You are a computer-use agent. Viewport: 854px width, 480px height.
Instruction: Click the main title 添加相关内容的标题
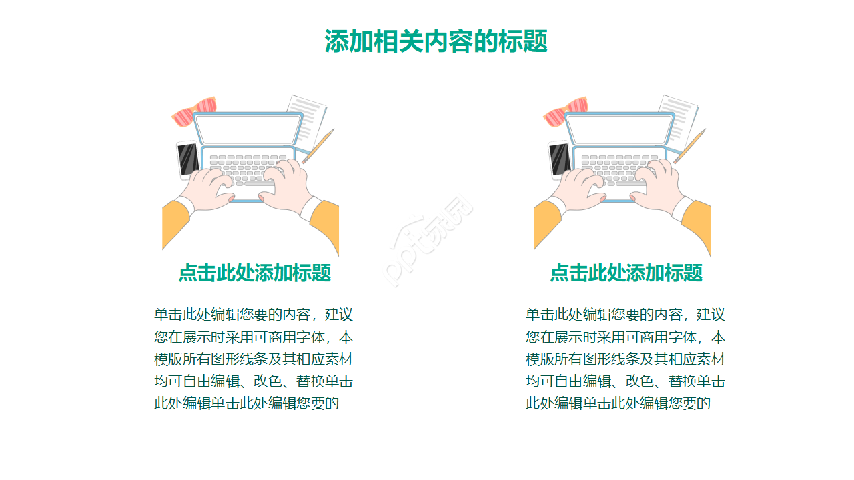pyautogui.click(x=436, y=41)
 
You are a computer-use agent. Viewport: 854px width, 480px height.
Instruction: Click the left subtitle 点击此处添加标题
pyautogui.click(x=254, y=273)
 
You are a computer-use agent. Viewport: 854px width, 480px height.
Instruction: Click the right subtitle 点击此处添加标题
pyautogui.click(x=626, y=273)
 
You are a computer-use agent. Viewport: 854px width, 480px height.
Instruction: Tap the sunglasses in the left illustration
pyautogui.click(x=195, y=111)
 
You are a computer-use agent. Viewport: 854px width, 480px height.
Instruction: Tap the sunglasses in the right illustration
pyautogui.click(x=566, y=111)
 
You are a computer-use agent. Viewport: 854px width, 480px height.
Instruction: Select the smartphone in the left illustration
pyautogui.click(x=187, y=160)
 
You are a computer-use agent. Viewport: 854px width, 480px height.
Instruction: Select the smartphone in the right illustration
pyautogui.click(x=559, y=160)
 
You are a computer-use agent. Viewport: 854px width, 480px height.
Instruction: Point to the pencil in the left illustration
pyautogui.click(x=318, y=146)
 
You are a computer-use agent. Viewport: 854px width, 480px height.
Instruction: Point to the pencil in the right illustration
pyautogui.click(x=690, y=146)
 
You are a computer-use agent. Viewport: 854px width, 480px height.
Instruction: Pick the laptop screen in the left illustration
pyautogui.click(x=248, y=129)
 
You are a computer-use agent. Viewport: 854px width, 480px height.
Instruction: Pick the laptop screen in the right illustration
pyautogui.click(x=619, y=129)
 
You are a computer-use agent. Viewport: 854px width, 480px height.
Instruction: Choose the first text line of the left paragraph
pyautogui.click(x=254, y=314)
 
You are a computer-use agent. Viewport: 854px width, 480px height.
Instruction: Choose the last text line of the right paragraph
pyautogui.click(x=618, y=403)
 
